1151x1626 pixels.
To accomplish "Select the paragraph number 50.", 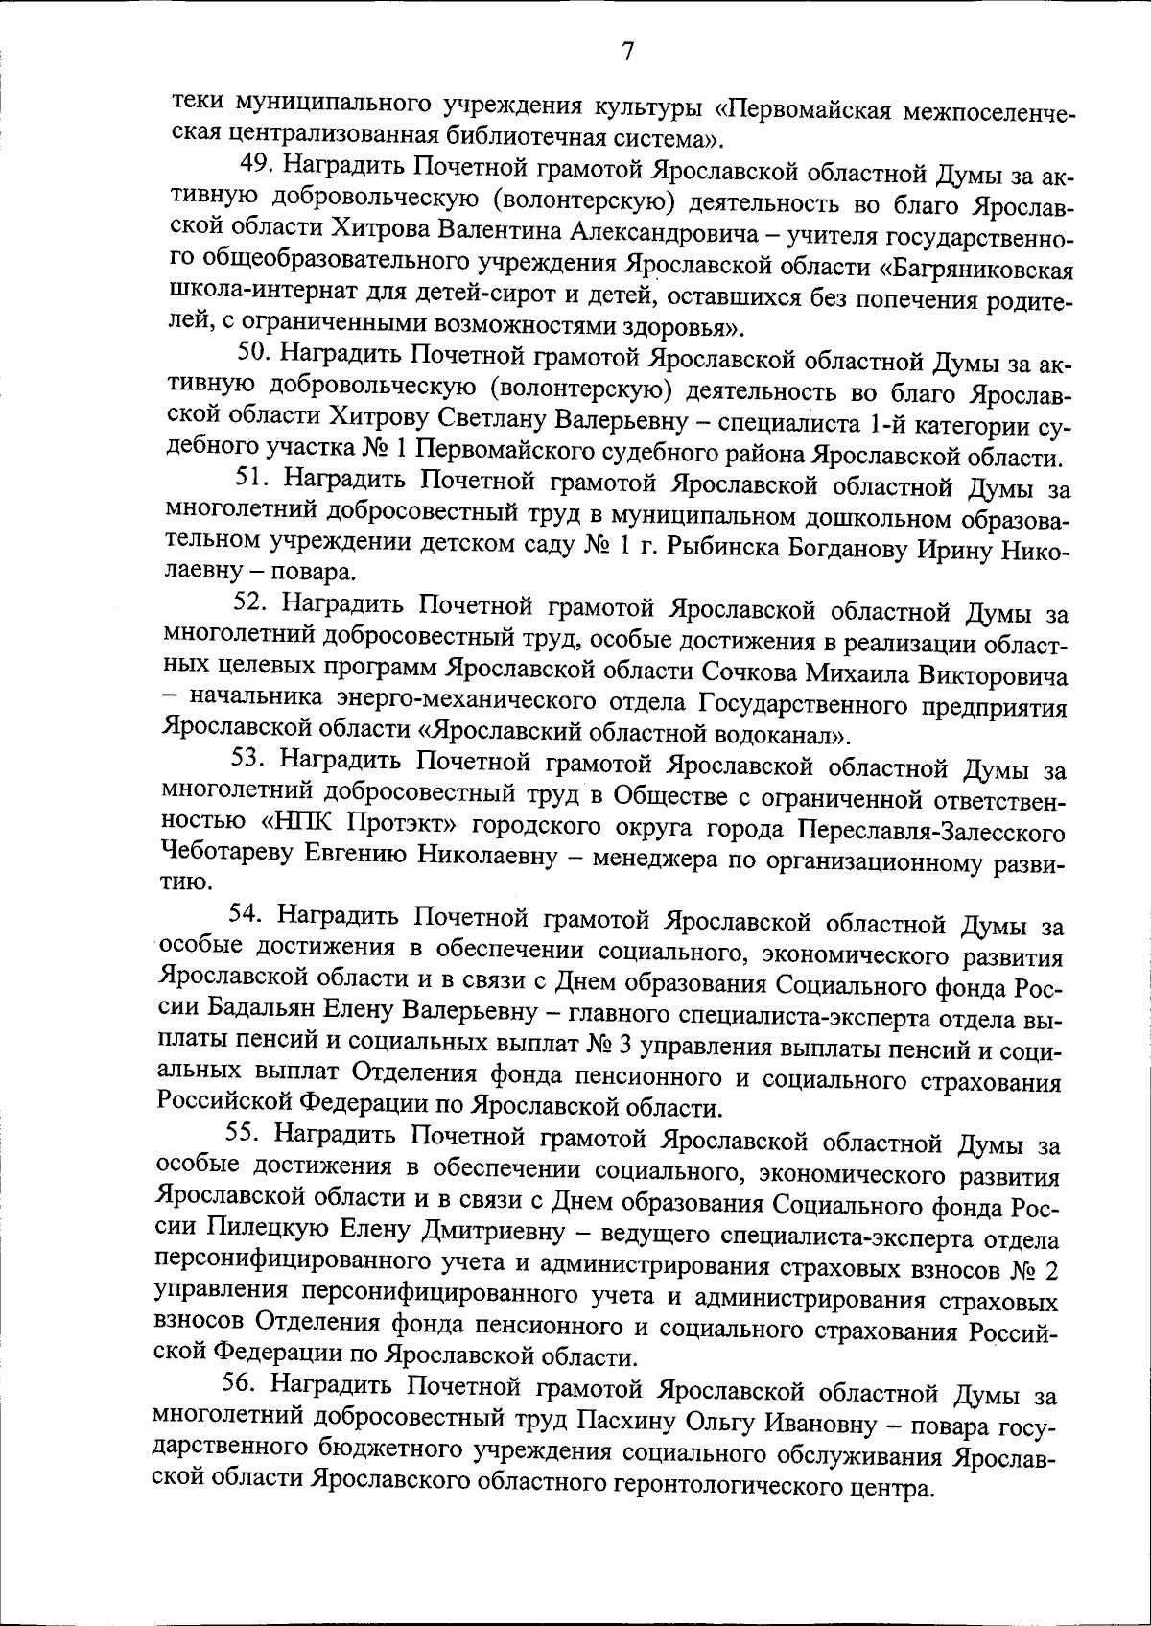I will tap(256, 353).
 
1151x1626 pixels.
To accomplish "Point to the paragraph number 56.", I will tap(241, 1383).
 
